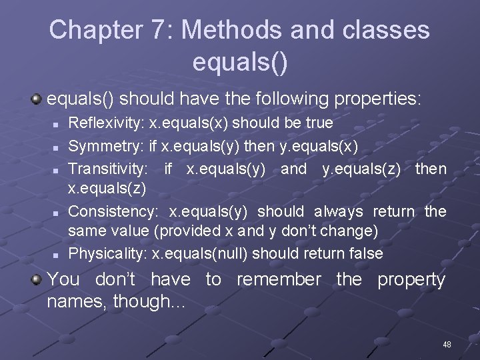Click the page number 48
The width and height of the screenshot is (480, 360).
[x=447, y=344]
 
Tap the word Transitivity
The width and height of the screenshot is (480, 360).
[x=108, y=169]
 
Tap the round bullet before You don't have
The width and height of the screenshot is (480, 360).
[x=37, y=279]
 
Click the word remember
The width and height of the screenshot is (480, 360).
[x=279, y=279]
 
